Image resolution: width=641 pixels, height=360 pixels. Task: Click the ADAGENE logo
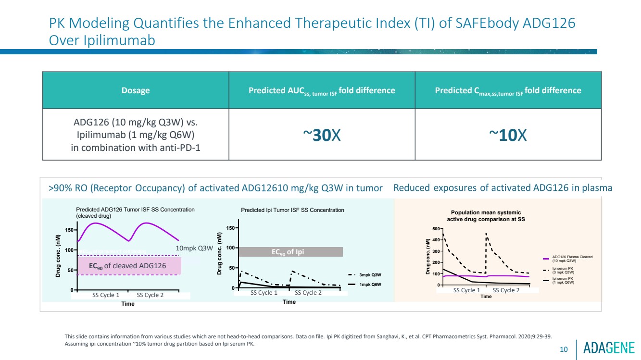pos(609,348)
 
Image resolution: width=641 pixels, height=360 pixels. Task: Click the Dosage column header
pos(135,90)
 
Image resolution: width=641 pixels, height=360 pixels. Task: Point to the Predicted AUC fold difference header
pos(322,91)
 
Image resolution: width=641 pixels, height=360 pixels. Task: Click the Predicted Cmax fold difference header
pos(508,91)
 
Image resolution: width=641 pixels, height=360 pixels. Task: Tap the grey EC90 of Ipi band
pos(290,252)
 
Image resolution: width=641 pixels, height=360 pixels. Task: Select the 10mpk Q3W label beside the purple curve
pos(194,248)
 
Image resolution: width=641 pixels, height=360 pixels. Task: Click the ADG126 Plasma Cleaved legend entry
pos(572,259)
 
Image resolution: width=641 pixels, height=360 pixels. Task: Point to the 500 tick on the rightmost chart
pos(435,229)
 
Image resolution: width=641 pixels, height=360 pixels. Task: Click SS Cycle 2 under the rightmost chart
pos(506,290)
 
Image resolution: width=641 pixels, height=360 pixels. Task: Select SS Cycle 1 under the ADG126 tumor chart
pos(105,295)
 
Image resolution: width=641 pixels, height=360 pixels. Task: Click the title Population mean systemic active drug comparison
pos(486,215)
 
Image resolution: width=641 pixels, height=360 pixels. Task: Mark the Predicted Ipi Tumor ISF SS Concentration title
pos(292,210)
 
